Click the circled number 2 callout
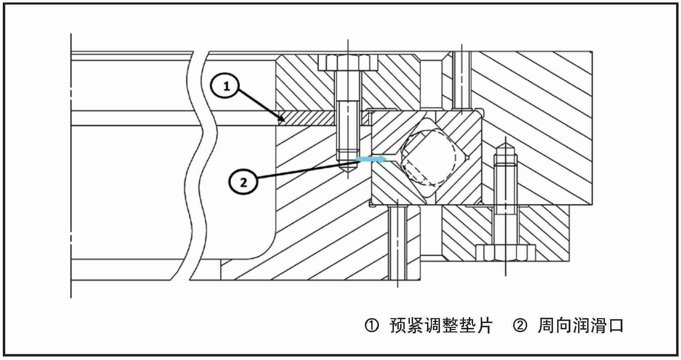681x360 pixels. [x=243, y=182]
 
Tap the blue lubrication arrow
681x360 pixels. [x=371, y=159]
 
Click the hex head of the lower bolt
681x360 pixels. [x=506, y=253]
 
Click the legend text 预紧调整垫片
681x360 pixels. [x=441, y=325]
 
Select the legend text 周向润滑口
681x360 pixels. [x=581, y=325]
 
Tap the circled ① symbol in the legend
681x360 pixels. [x=372, y=325]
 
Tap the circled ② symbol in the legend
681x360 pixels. [x=520, y=325]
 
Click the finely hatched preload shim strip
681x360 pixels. [x=307, y=118]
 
